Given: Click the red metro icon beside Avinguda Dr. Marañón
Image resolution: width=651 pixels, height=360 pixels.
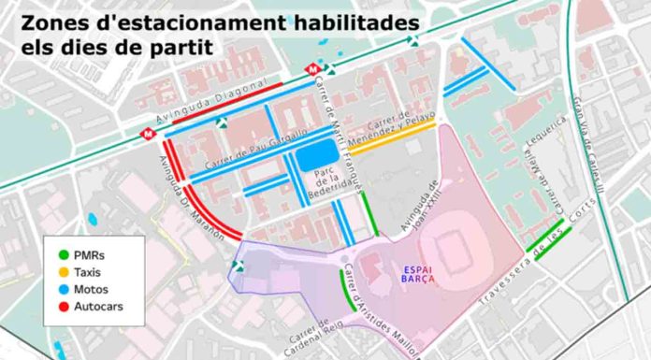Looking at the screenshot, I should coord(147,134).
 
